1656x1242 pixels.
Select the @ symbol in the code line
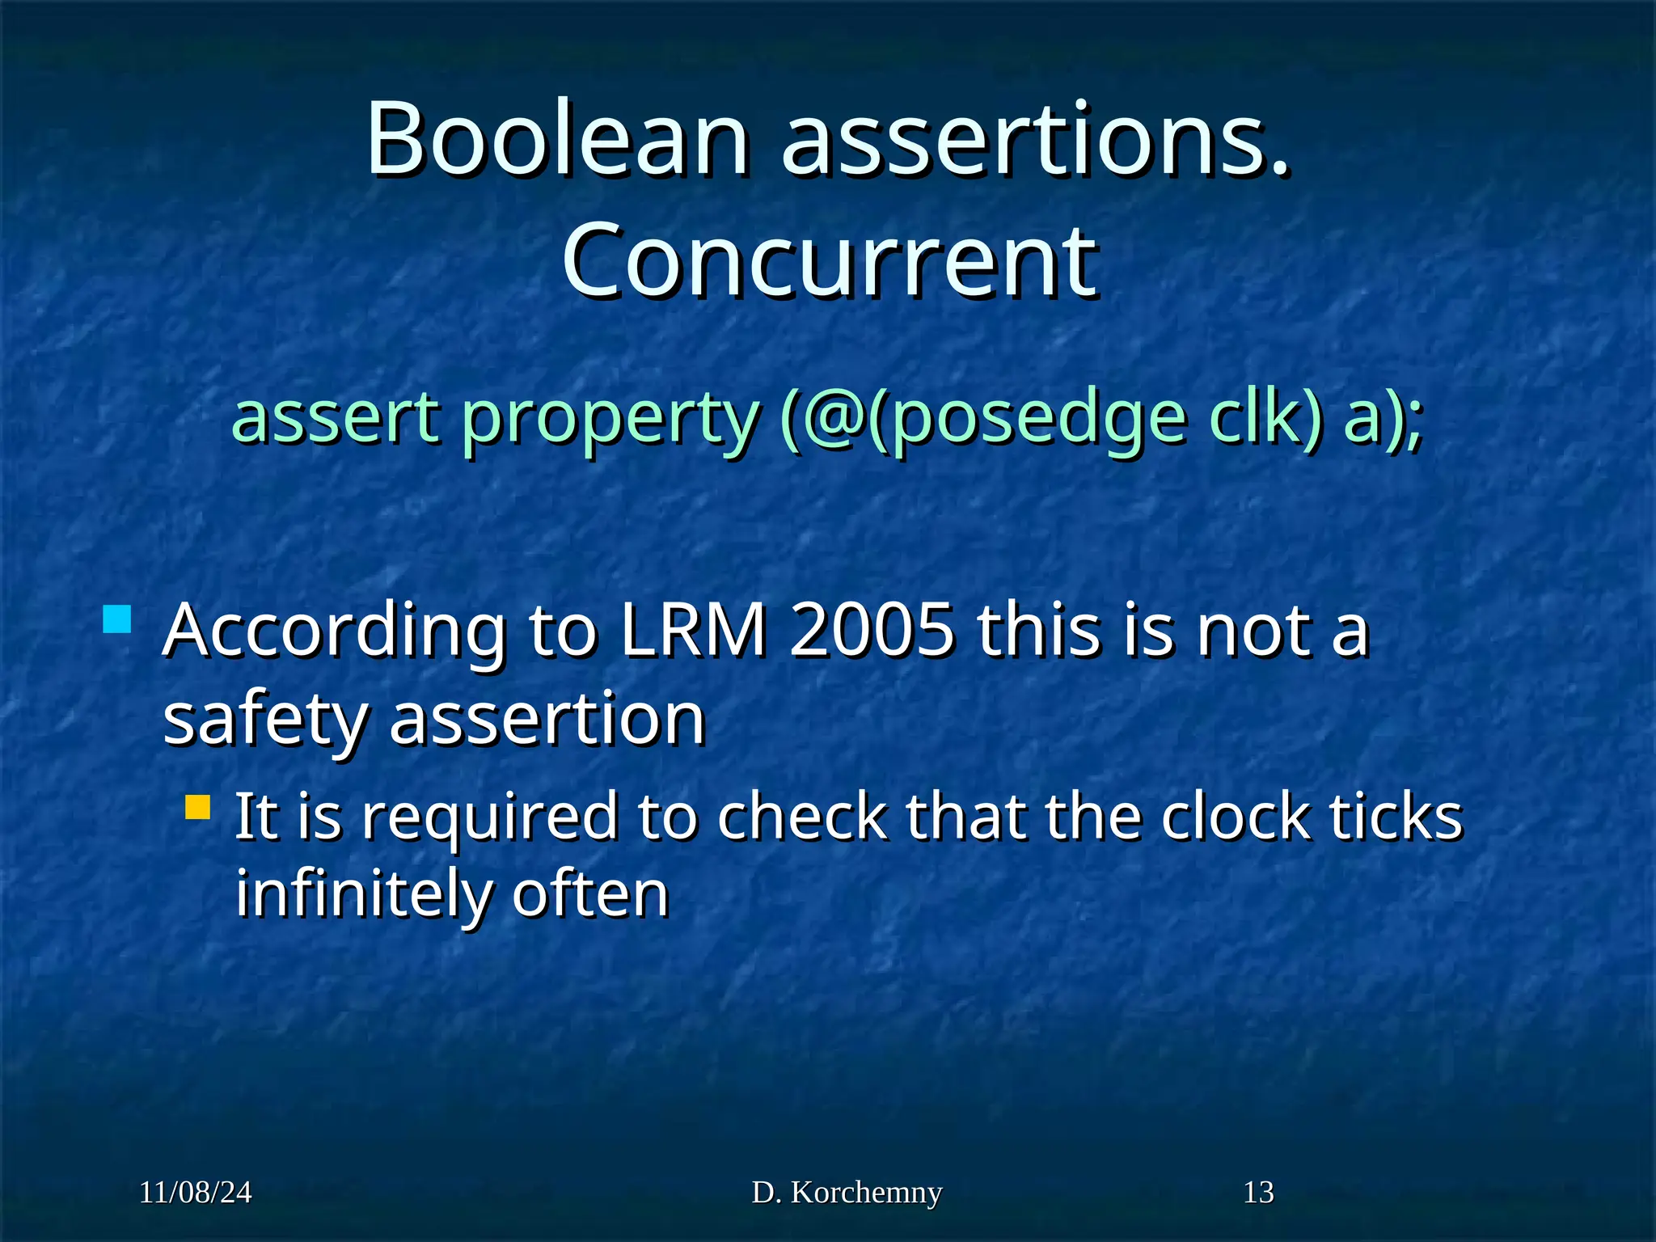[835, 418]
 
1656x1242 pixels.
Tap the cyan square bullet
[117, 619]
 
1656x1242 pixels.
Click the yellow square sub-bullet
[197, 806]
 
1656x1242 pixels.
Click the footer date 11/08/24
[196, 1192]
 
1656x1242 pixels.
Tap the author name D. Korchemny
[847, 1192]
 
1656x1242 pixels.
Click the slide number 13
[1258, 1192]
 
